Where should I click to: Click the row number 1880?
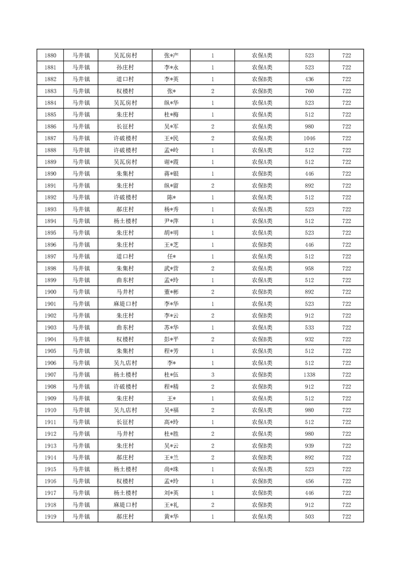coord(50,56)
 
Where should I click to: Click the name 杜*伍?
coord(171,375)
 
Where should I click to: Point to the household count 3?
coord(212,375)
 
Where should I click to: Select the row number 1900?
coord(50,292)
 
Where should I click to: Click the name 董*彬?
coord(171,292)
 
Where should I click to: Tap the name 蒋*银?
coord(171,174)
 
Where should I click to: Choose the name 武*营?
coord(171,268)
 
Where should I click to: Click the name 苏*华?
coord(171,327)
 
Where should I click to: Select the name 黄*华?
coord(171,516)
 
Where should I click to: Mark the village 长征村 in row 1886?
coord(125,126)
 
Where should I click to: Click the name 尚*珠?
coord(171,469)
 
